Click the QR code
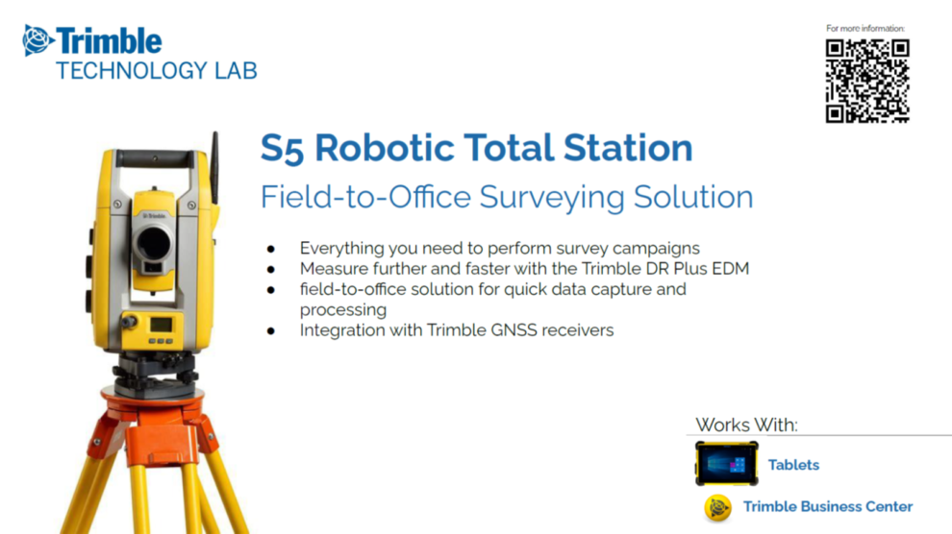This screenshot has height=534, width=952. coord(866,81)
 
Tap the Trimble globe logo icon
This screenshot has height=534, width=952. coord(38,40)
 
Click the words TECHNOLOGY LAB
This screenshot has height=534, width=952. coord(156,70)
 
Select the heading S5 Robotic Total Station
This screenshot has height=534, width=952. coord(476,148)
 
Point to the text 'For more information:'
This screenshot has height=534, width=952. coord(865,29)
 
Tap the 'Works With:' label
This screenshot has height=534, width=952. coord(746,425)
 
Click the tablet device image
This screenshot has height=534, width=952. coord(726,464)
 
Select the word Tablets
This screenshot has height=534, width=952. coord(793,465)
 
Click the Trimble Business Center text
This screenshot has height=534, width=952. coord(828,506)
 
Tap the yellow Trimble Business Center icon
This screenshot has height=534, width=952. coord(717,507)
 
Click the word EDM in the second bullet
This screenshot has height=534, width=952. coord(728,268)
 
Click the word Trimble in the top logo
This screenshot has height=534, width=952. coord(109,40)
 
